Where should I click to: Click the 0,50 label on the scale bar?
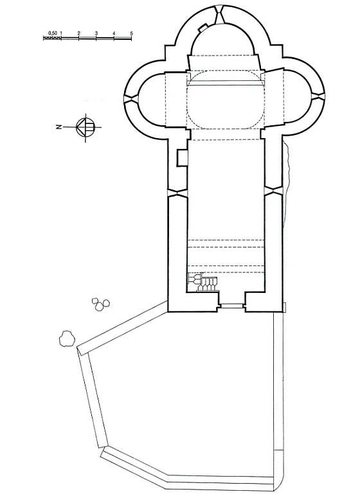click(x=52, y=33)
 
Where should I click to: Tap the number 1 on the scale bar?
click(x=61, y=33)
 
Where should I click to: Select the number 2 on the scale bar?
click(x=78, y=33)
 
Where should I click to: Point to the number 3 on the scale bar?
click(x=96, y=33)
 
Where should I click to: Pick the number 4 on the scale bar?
click(x=114, y=33)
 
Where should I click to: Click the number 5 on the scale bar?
click(x=131, y=33)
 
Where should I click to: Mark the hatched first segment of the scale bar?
click(x=52, y=38)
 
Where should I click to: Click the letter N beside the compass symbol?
click(x=59, y=127)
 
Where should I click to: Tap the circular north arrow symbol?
click(x=85, y=127)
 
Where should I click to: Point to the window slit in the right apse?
click(x=319, y=96)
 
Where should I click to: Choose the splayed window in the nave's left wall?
click(x=177, y=193)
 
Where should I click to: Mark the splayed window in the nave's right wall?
click(x=273, y=191)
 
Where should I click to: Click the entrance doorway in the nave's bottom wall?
click(x=231, y=306)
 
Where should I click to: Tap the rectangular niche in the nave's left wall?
click(x=182, y=158)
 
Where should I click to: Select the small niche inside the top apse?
click(x=203, y=28)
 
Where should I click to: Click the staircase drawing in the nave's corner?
click(x=203, y=282)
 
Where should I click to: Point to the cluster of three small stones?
click(x=101, y=304)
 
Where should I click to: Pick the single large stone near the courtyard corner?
click(x=67, y=339)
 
